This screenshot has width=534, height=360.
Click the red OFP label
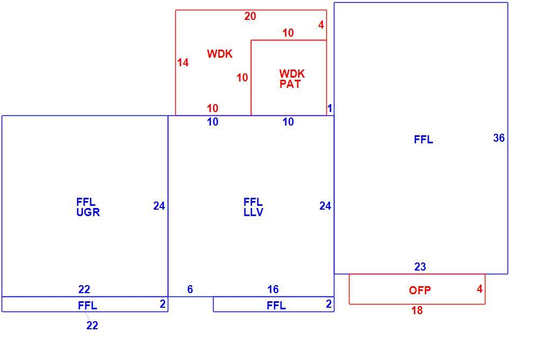pyautogui.click(x=420, y=290)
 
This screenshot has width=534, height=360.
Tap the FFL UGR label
pyautogui.click(x=88, y=207)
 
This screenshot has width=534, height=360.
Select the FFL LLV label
pyautogui.click(x=254, y=207)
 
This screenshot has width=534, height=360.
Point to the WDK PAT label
pyautogui.click(x=292, y=79)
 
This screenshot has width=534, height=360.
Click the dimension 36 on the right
pyautogui.click(x=499, y=138)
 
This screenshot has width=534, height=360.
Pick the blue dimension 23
pyautogui.click(x=420, y=267)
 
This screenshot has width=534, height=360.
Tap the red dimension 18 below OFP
pyautogui.click(x=417, y=310)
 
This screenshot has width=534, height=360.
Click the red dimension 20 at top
pyautogui.click(x=250, y=16)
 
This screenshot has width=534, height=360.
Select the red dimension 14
pyautogui.click(x=183, y=63)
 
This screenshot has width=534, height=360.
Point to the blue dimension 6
pyautogui.click(x=190, y=289)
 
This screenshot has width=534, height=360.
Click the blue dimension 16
pyautogui.click(x=273, y=289)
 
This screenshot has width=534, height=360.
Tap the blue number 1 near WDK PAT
pyautogui.click(x=330, y=108)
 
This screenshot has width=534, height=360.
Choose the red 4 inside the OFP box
pyautogui.click(x=480, y=289)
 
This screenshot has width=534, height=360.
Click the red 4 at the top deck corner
pyautogui.click(x=321, y=25)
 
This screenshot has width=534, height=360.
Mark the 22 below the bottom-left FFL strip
pyautogui.click(x=92, y=326)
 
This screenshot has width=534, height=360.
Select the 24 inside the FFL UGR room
pyautogui.click(x=159, y=206)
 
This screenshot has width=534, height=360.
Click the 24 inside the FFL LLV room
pyautogui.click(x=325, y=206)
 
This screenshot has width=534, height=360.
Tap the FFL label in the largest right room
pyautogui.click(x=423, y=140)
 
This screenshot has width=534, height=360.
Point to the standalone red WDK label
pyautogui.click(x=220, y=54)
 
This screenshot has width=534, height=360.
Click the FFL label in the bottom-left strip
pyautogui.click(x=87, y=306)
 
